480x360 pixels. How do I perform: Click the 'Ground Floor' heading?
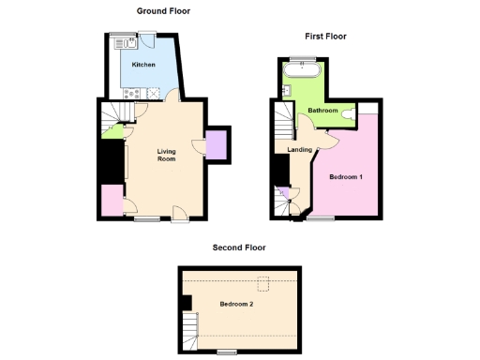(160, 10)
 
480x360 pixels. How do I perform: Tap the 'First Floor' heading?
(325, 37)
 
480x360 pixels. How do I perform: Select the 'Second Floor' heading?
(238, 247)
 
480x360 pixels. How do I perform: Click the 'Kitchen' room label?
(143, 65)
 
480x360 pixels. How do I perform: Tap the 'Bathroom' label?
(322, 111)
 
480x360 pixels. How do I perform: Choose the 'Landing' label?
(300, 149)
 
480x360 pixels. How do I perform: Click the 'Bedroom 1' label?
(346, 176)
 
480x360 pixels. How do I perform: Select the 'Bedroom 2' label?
(236, 304)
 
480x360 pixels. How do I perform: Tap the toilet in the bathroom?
(349, 112)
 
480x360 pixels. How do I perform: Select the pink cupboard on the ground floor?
(111, 200)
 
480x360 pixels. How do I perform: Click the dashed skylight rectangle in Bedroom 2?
(265, 280)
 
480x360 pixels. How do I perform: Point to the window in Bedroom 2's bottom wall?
(226, 352)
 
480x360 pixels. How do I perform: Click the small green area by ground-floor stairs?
(114, 130)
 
